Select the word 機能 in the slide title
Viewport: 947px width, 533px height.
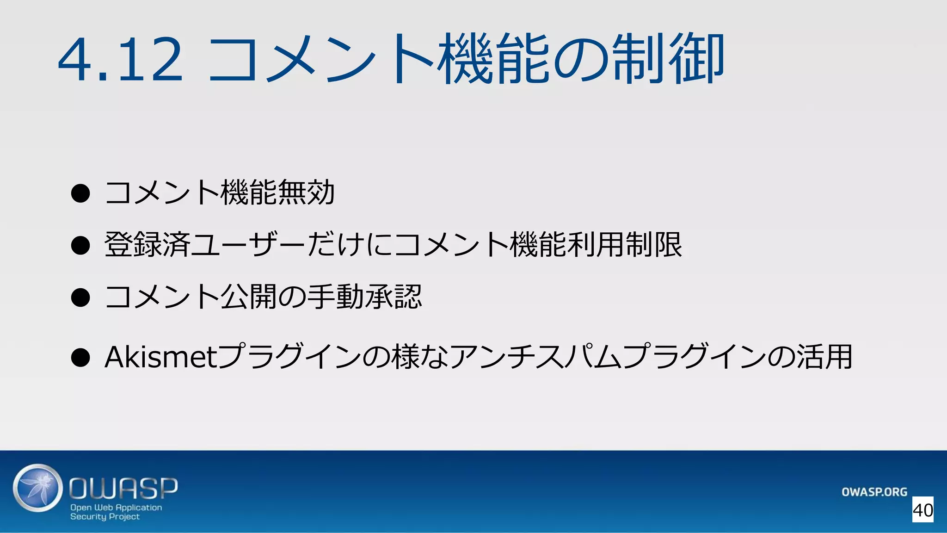coord(495,59)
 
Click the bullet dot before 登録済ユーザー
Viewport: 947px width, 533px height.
coord(80,245)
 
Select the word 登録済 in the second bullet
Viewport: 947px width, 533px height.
coord(147,244)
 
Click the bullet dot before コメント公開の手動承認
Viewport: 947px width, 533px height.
coord(80,297)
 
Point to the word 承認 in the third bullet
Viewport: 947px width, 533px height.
coord(393,297)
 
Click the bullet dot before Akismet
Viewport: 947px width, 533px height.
coord(80,358)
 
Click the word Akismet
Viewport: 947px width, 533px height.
coord(160,357)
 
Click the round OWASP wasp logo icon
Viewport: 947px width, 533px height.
coord(37,488)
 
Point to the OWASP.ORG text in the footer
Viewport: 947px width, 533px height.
coord(874,492)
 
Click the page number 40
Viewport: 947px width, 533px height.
coord(922,510)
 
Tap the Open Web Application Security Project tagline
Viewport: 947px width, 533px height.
coord(116,512)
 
